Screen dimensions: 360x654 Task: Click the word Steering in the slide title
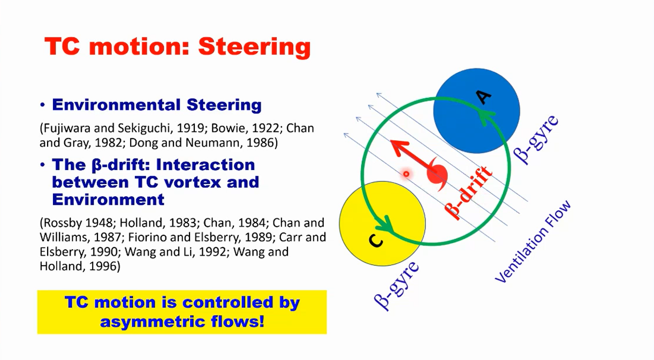(x=254, y=47)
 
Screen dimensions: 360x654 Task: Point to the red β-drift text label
(x=470, y=192)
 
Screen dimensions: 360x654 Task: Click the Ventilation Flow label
(x=533, y=242)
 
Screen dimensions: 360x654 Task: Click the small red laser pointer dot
(x=406, y=174)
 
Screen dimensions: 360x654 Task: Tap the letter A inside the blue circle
(x=483, y=97)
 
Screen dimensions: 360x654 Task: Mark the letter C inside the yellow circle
(x=376, y=242)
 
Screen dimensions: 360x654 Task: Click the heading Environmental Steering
(x=157, y=104)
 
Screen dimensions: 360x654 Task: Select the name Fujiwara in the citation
(x=64, y=129)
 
